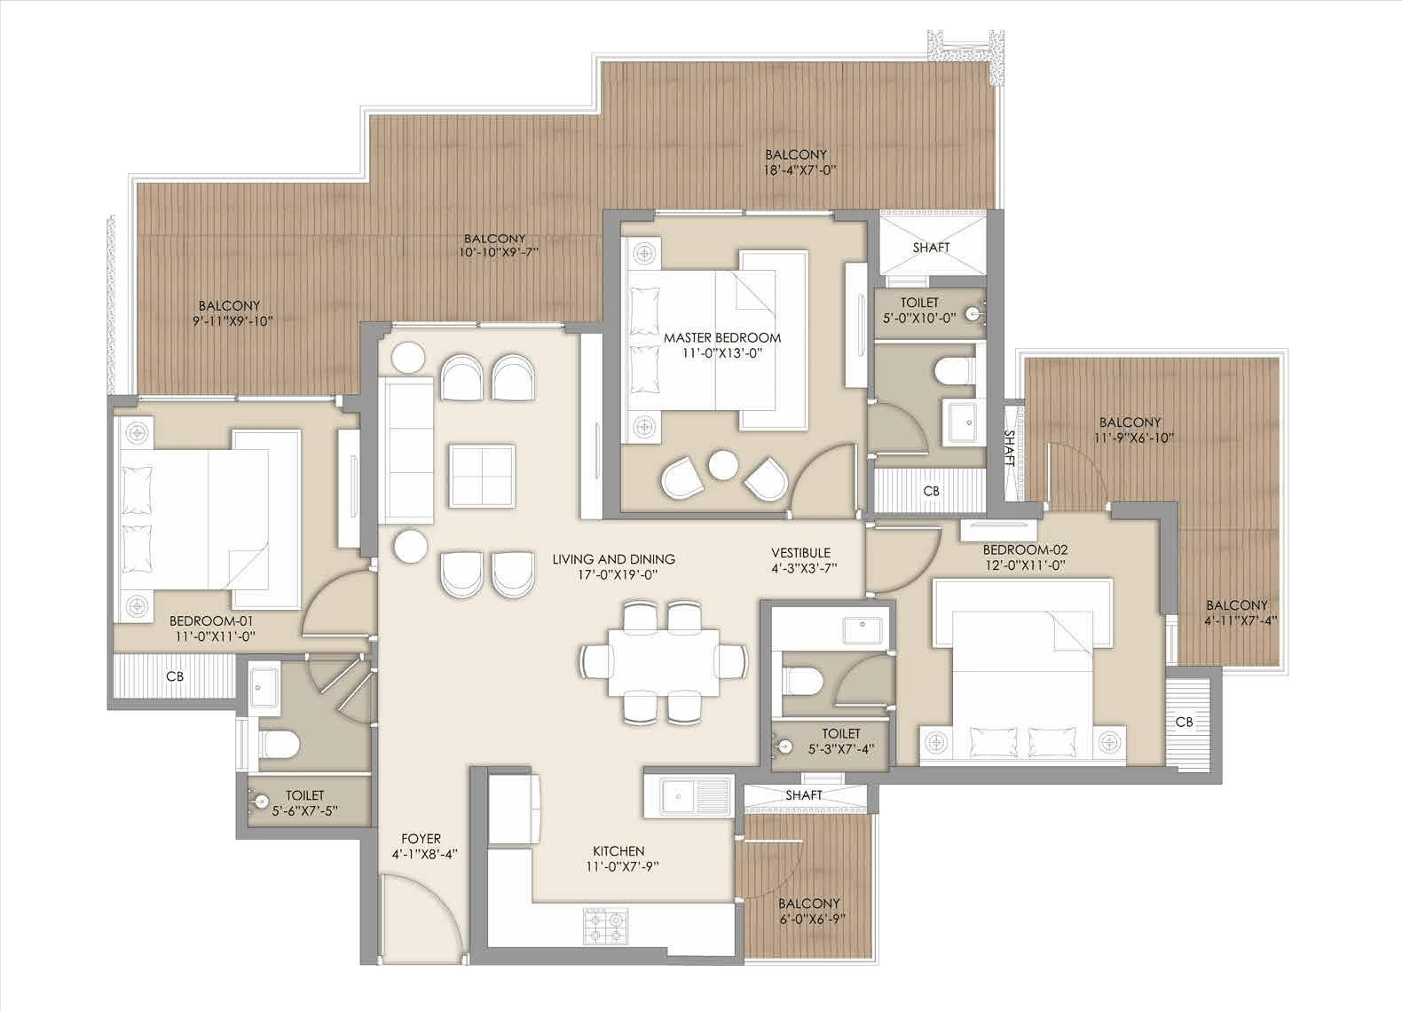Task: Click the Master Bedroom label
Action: click(722, 345)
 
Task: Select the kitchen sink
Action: click(687, 796)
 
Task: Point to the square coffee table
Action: click(483, 475)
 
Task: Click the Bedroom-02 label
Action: click(1025, 557)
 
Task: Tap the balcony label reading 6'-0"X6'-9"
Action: click(808, 911)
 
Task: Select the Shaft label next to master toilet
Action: click(931, 248)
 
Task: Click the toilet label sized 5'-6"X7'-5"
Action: click(305, 803)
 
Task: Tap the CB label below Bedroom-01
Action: click(175, 676)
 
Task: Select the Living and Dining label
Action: click(613, 566)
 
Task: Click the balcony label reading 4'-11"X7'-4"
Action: click(1237, 612)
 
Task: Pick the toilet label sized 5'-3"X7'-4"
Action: click(840, 740)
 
